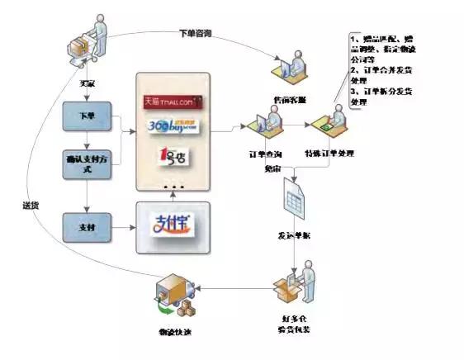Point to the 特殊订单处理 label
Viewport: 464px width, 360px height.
(328, 154)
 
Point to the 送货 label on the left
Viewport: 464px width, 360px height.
(30, 205)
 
